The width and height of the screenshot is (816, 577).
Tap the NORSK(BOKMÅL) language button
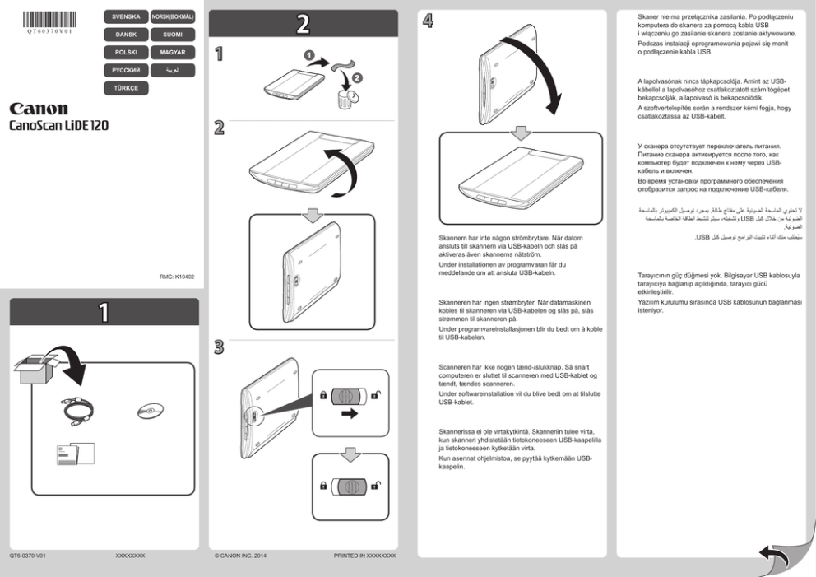173,17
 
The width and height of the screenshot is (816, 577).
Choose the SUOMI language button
173,35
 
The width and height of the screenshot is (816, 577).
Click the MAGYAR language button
173,53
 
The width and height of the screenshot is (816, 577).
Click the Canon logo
39,109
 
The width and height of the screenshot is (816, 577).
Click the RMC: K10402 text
177,277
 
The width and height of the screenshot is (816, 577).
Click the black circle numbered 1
309,55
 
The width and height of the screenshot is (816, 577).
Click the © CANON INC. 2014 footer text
239,556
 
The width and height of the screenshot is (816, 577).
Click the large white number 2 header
303,24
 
